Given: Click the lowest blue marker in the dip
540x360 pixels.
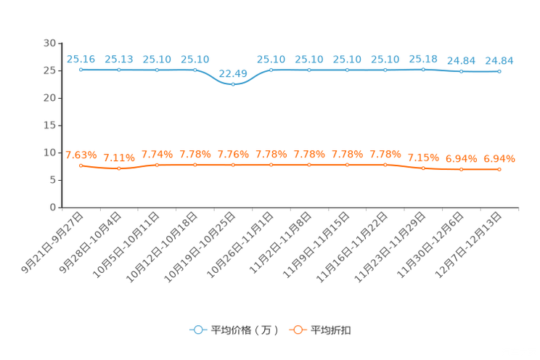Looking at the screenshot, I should click(x=233, y=83).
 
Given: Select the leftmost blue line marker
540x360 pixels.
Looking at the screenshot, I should click(x=81, y=69).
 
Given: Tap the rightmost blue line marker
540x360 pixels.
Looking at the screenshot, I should click(x=499, y=71).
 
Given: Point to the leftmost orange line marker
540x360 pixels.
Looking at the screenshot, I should click(x=81, y=165).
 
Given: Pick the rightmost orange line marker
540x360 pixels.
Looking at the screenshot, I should click(x=499, y=168).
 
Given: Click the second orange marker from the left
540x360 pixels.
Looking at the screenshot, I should click(x=118, y=168).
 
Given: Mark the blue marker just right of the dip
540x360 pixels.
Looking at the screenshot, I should click(x=271, y=69).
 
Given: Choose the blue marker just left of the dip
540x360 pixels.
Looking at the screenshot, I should click(x=195, y=69).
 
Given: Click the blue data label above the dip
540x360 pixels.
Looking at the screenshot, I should click(x=233, y=73).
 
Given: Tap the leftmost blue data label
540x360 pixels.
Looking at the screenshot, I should click(x=81, y=59).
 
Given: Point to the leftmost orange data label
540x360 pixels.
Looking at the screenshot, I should click(x=81, y=155).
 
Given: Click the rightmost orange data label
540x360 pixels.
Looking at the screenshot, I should click(x=499, y=158).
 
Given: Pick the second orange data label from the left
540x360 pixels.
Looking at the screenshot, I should click(x=118, y=157).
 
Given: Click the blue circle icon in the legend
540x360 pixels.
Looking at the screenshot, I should click(x=197, y=330).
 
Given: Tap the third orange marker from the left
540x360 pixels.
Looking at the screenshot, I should click(x=157, y=165).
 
